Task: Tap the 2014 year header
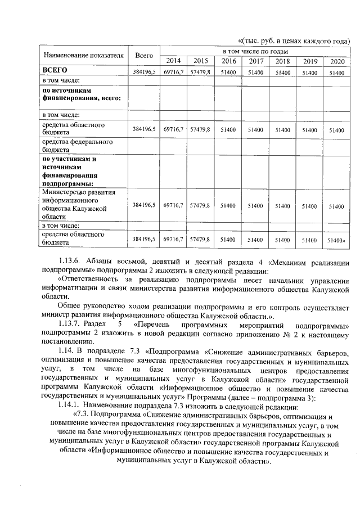173,61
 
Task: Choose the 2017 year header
256,61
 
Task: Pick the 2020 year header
336,61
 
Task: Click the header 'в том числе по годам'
255,51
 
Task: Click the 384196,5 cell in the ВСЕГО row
144,73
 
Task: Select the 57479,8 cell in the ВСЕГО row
200,73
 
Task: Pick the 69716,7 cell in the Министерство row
173,206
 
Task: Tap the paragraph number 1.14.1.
71,407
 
